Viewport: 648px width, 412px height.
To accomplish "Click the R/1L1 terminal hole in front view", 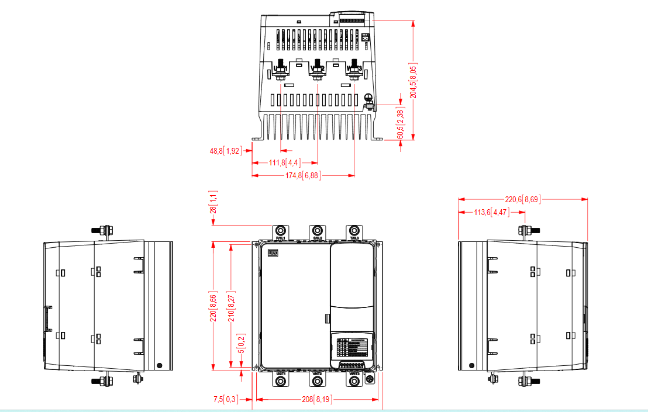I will [x=281, y=230].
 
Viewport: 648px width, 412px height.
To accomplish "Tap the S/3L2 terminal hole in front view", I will [x=318, y=230].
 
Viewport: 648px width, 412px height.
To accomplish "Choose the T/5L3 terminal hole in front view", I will [x=354, y=230].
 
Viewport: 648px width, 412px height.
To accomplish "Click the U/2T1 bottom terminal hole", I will [x=281, y=381].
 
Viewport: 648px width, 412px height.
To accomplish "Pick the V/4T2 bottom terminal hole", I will [x=318, y=381].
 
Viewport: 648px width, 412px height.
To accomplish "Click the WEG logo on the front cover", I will [x=272, y=253].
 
